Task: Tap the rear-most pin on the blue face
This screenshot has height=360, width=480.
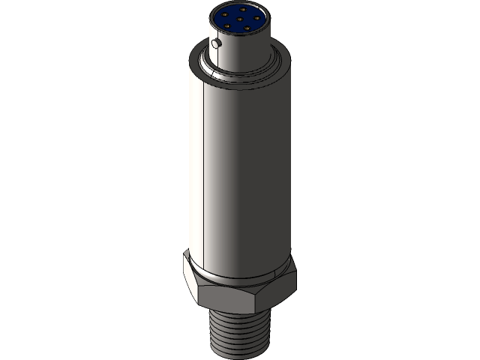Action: (242, 9)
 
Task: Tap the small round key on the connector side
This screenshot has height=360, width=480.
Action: (217, 44)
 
